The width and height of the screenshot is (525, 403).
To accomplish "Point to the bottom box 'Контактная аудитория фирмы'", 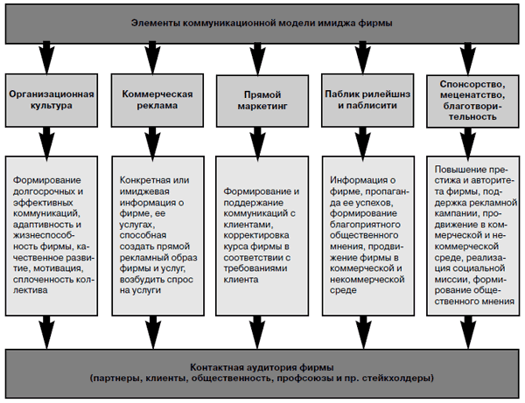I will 262,371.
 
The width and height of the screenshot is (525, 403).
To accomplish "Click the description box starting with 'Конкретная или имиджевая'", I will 154,237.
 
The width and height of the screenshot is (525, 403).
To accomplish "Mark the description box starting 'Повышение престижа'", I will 473,237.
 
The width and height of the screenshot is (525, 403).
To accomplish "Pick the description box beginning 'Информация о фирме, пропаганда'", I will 367,237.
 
